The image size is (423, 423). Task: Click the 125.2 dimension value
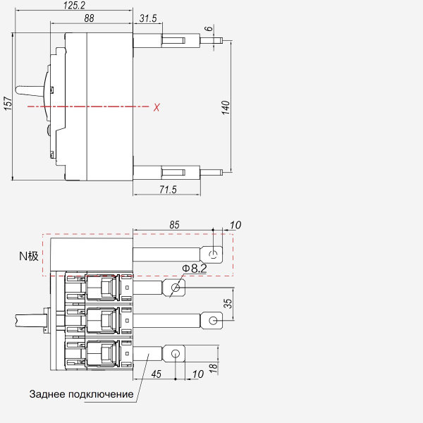point(74,6)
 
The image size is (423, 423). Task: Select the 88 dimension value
point(89,18)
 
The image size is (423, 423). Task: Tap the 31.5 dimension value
point(148,18)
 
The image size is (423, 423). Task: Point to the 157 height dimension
point(8,104)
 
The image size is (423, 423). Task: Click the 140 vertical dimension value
point(226,108)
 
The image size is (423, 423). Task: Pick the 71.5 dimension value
point(168,190)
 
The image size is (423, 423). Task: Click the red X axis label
point(157,107)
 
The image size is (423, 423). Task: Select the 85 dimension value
point(174,225)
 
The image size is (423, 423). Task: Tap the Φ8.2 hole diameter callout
point(195,269)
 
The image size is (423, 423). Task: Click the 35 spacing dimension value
point(228,303)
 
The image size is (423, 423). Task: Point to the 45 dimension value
point(157,374)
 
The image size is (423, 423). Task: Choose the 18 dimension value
point(213,369)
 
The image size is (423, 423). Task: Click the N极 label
point(29,256)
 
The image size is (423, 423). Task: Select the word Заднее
point(47,394)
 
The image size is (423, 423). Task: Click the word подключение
point(101,394)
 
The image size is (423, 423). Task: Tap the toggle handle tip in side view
point(18,90)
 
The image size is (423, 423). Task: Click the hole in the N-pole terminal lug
point(214,255)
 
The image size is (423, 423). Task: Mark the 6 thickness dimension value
point(209,28)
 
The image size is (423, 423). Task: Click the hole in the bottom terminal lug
point(176,353)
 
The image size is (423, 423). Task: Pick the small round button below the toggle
point(49,130)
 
